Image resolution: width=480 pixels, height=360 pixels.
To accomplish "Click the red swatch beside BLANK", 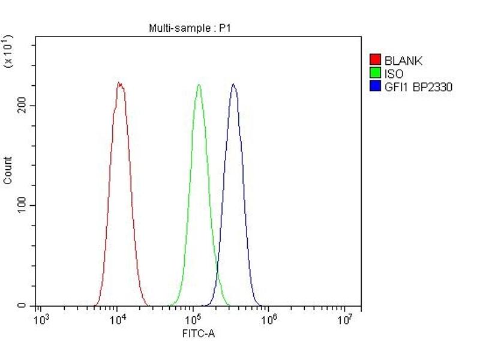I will pyautogui.click(x=376, y=60).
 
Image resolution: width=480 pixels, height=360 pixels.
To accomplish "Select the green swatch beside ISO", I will pyautogui.click(x=376, y=74).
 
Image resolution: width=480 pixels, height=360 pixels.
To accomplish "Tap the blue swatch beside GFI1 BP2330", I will pyautogui.click(x=376, y=87).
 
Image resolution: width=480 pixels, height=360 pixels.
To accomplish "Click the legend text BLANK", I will pyautogui.click(x=403, y=61).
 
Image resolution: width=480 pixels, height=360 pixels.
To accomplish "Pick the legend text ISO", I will pyautogui.click(x=394, y=74).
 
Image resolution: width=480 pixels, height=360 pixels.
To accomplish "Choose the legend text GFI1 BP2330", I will pyautogui.click(x=418, y=87).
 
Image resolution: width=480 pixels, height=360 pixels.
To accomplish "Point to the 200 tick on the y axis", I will pyautogui.click(x=22, y=106).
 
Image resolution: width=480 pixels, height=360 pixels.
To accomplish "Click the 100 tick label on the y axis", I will pyautogui.click(x=22, y=205).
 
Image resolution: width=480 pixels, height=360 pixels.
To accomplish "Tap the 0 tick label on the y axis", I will pyautogui.click(x=22, y=305).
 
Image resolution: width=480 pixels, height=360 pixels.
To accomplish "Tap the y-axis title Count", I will pyautogui.click(x=8, y=170).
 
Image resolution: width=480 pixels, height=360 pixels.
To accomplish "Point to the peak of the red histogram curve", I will pyautogui.click(x=119, y=83).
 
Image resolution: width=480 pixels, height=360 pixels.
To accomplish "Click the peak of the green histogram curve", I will pyautogui.click(x=199, y=85).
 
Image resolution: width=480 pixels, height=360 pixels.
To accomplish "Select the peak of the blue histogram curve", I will pyautogui.click(x=233, y=84).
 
